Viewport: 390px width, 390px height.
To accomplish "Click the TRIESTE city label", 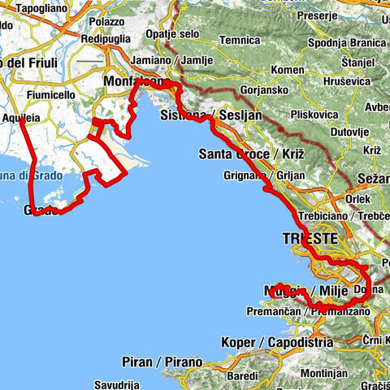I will coord(309,239).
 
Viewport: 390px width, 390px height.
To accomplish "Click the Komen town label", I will coord(289,70).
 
